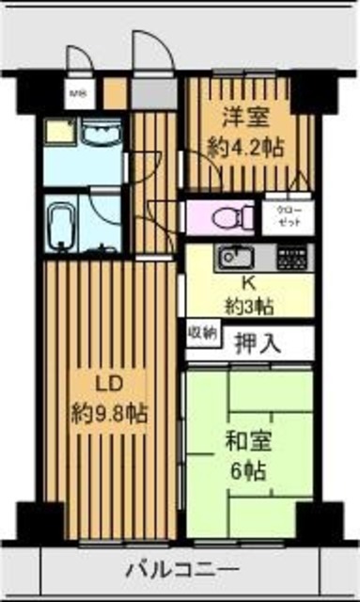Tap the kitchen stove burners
tap(290, 255)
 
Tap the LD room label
tap(109, 385)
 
